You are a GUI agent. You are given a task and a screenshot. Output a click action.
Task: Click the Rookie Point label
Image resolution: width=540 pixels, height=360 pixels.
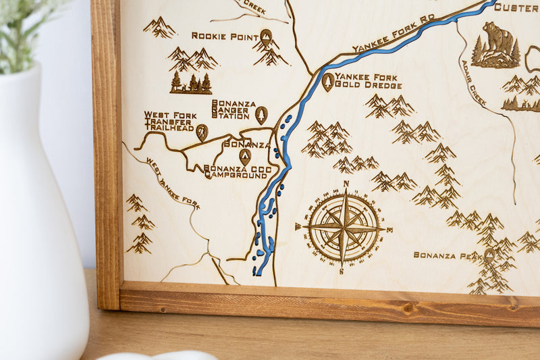pyautogui.click(x=225, y=36)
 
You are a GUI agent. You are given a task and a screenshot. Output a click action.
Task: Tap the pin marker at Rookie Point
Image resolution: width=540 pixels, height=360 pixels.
pyautogui.click(x=266, y=36)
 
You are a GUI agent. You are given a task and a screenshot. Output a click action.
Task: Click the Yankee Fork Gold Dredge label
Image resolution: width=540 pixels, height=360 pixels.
pyautogui.click(x=368, y=81)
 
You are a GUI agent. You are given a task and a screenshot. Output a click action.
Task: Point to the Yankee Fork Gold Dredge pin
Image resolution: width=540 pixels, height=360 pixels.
pyautogui.click(x=327, y=81)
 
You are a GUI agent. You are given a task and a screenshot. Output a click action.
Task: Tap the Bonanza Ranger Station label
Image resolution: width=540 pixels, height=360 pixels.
pyautogui.click(x=234, y=109)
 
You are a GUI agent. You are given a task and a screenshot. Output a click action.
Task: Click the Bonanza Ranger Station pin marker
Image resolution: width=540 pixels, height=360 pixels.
pyautogui.click(x=261, y=114)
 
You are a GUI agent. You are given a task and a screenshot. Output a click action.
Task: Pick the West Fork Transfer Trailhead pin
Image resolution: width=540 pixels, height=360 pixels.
pyautogui.click(x=202, y=131)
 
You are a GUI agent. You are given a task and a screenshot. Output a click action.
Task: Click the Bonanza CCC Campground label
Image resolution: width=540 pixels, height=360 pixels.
pyautogui.click(x=236, y=171)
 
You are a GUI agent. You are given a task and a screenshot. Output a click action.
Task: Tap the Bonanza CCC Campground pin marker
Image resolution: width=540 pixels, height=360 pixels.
pyautogui.click(x=244, y=156)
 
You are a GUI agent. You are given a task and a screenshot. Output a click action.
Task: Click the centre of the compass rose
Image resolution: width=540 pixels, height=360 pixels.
pyautogui.click(x=344, y=228)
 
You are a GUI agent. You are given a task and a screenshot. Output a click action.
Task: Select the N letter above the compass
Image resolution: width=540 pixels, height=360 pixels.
pyautogui.click(x=346, y=184)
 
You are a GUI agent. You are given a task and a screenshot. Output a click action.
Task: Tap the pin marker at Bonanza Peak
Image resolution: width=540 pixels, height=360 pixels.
pyautogui.click(x=489, y=255)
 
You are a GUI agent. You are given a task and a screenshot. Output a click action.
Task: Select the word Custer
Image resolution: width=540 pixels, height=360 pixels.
pyautogui.click(x=516, y=7)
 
